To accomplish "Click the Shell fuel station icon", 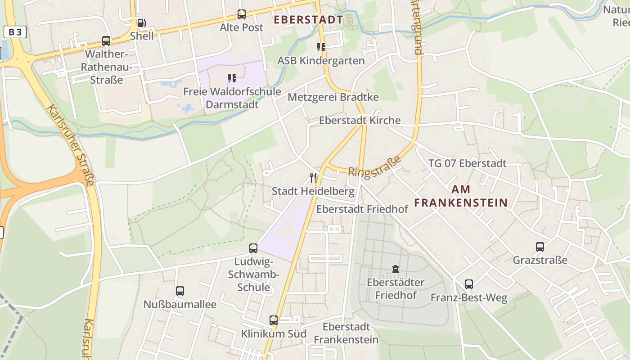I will click(x=141, y=23).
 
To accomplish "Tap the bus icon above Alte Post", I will click(x=242, y=14).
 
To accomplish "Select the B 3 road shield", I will click(x=15, y=32).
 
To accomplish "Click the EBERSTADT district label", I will click(x=308, y=20).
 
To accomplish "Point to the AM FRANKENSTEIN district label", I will click(x=461, y=196).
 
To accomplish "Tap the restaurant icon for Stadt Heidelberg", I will click(x=313, y=178).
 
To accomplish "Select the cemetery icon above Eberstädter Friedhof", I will click(x=396, y=269).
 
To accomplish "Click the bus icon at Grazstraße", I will click(x=540, y=247).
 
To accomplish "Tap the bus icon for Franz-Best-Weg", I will click(x=469, y=284).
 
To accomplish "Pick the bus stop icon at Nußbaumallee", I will click(x=180, y=291).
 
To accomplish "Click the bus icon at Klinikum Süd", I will click(x=274, y=320).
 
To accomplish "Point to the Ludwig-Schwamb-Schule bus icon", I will click(x=253, y=248).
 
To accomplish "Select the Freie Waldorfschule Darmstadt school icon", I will click(x=232, y=78).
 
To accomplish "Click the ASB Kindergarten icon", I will click(x=321, y=47).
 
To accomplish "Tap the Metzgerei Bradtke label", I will click(x=333, y=97).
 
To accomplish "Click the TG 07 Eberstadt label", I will click(x=467, y=163).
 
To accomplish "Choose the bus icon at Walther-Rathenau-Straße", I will click(x=106, y=40).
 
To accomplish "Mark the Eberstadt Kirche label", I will click(x=360, y=121).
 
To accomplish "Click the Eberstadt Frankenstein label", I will click(x=346, y=333).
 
